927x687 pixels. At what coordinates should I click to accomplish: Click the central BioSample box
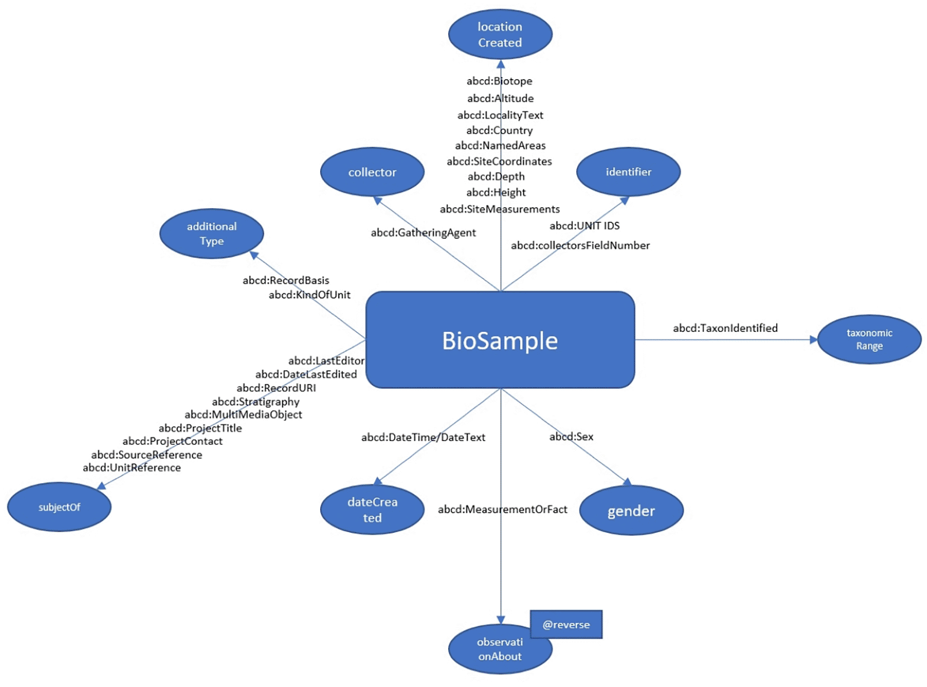(x=500, y=340)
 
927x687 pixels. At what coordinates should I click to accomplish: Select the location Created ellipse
(x=500, y=35)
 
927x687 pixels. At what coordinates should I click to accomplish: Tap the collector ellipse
(x=372, y=172)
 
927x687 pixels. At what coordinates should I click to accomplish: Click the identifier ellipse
(x=628, y=172)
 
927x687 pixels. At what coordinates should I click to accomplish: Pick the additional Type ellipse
(x=212, y=233)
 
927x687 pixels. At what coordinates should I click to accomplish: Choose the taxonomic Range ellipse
(x=869, y=340)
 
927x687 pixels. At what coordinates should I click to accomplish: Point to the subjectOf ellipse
(x=59, y=507)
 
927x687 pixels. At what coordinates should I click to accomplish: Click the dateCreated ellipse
(x=372, y=509)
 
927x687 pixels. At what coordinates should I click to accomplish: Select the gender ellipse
(x=631, y=511)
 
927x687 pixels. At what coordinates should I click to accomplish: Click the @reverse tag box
(x=566, y=625)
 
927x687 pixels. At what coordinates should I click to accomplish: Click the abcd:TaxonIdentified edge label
(x=725, y=328)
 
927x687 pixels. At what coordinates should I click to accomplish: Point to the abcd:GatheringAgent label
(x=423, y=233)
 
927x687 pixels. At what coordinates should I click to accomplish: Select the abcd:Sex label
(x=571, y=436)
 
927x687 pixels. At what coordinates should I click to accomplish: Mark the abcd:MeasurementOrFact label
(x=502, y=509)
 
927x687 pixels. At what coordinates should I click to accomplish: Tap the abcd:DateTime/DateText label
(x=423, y=438)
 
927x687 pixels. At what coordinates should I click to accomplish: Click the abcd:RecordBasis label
(x=286, y=280)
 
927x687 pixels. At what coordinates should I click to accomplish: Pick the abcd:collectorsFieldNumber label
(x=580, y=246)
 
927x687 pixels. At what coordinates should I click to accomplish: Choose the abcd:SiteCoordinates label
(x=499, y=161)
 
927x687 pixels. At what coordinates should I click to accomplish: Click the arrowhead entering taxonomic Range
(x=813, y=340)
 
